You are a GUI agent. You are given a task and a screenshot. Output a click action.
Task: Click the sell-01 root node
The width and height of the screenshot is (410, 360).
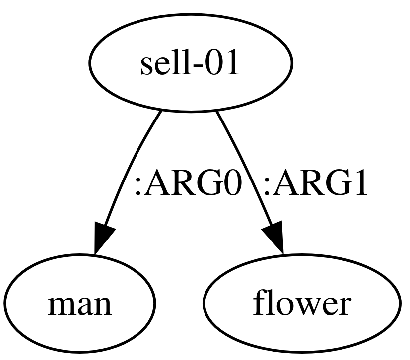[191, 63]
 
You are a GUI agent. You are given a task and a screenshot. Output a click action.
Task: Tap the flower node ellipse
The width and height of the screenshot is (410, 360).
[301, 302]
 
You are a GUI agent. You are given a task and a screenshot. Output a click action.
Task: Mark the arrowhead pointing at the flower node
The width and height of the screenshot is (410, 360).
[274, 240]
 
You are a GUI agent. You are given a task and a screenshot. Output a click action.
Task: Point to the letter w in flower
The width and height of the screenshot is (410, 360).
[303, 306]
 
